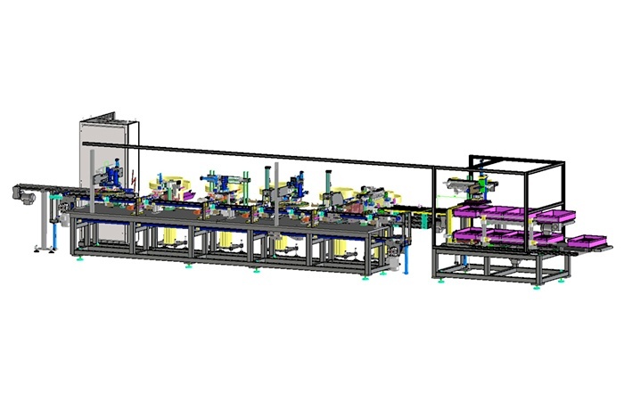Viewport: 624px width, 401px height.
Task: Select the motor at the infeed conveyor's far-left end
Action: [x=21, y=191]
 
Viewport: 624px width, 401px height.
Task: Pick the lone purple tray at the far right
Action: [x=589, y=241]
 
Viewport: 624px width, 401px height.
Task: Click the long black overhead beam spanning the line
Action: [x=285, y=154]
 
